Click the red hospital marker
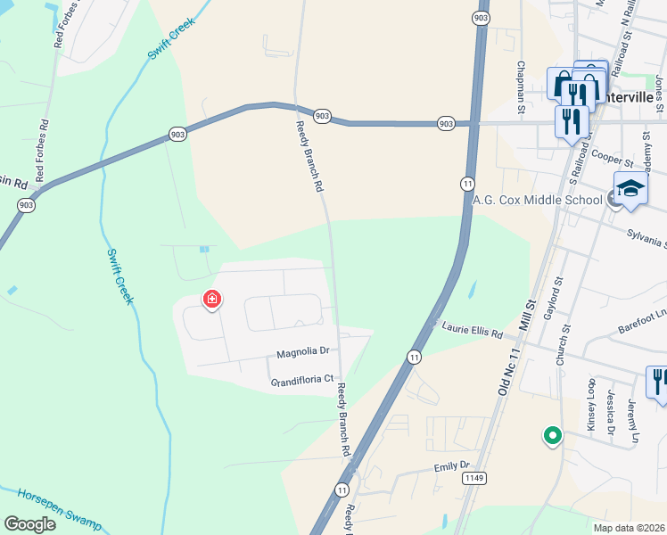click(x=212, y=300)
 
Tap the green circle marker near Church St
click(x=553, y=436)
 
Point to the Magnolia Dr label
click(x=303, y=352)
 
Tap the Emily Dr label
click(x=451, y=465)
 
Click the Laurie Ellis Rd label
click(x=473, y=329)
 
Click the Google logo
click(x=30, y=524)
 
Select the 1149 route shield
click(x=473, y=479)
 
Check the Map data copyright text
click(x=630, y=528)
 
